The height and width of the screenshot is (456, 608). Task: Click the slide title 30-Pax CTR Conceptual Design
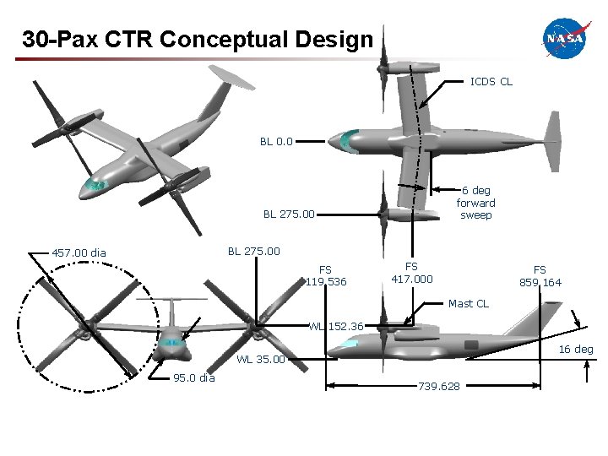point(197,39)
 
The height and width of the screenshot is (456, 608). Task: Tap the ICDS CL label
point(491,82)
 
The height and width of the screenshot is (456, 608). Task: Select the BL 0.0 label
point(276,141)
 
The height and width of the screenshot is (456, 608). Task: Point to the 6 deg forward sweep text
point(475,203)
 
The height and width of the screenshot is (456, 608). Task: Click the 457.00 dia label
point(79,252)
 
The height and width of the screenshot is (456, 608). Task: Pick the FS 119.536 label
point(326,276)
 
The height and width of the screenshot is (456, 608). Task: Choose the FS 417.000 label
point(411,273)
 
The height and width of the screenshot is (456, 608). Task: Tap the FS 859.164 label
point(540,276)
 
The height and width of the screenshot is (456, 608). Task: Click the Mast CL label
point(468,303)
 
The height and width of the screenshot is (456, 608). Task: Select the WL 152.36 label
point(336,326)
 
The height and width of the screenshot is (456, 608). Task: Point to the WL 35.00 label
point(261,360)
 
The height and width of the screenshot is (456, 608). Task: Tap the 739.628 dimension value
point(439,386)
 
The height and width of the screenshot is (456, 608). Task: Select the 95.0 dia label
point(194,377)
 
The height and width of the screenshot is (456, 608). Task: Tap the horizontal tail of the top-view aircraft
point(553,139)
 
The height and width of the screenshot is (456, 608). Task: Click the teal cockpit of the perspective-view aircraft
point(97,185)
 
